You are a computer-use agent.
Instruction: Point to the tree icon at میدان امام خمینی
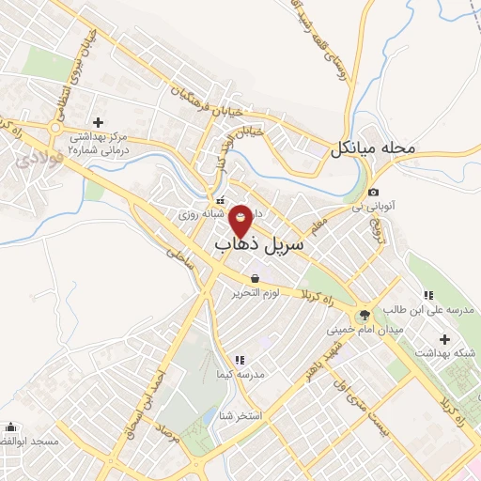click(364, 313)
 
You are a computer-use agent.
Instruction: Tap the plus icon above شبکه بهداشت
click(444, 338)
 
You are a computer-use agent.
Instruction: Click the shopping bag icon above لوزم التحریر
click(256, 278)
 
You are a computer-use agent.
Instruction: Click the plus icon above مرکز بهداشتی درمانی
click(98, 121)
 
